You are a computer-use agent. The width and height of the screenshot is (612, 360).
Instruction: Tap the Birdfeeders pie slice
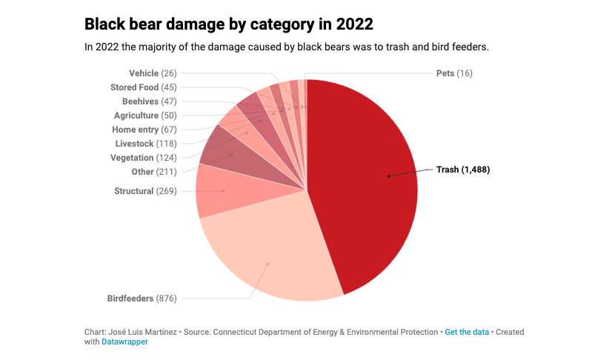267,259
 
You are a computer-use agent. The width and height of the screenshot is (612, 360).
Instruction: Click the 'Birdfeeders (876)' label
141,299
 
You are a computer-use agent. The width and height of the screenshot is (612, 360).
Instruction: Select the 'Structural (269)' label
145,191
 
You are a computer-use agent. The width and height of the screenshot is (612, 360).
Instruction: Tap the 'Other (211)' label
153,172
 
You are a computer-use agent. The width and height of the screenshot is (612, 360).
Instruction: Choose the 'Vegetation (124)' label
143,158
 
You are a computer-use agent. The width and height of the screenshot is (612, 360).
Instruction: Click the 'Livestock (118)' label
145,144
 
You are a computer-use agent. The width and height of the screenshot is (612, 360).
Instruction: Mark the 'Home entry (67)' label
144,130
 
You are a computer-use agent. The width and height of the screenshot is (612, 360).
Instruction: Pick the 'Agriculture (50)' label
145,116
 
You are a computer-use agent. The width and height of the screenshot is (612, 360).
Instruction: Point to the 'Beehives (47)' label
149,101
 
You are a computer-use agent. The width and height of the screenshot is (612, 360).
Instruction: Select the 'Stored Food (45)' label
143,87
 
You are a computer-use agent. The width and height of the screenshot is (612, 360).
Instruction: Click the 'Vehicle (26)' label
153,73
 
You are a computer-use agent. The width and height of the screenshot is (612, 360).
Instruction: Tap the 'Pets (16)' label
454,73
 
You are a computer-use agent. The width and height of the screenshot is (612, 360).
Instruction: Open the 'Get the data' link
467,332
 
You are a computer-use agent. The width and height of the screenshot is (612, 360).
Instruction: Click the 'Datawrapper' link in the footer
124,342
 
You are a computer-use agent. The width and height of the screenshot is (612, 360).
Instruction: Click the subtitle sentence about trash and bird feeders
287,47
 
